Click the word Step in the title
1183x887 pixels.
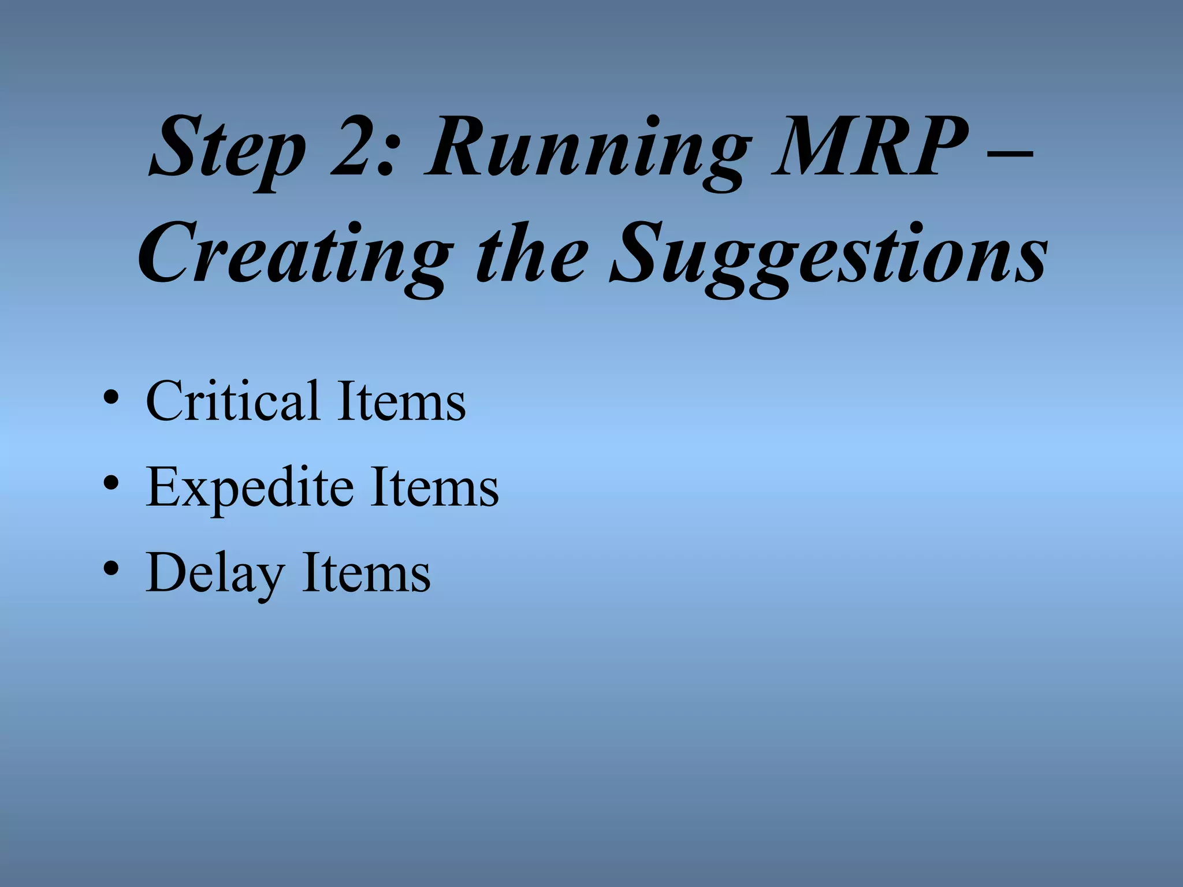[228, 149]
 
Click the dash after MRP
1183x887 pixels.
[1010, 155]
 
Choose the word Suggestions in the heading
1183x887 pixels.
[829, 256]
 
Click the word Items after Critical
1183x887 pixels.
[401, 401]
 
